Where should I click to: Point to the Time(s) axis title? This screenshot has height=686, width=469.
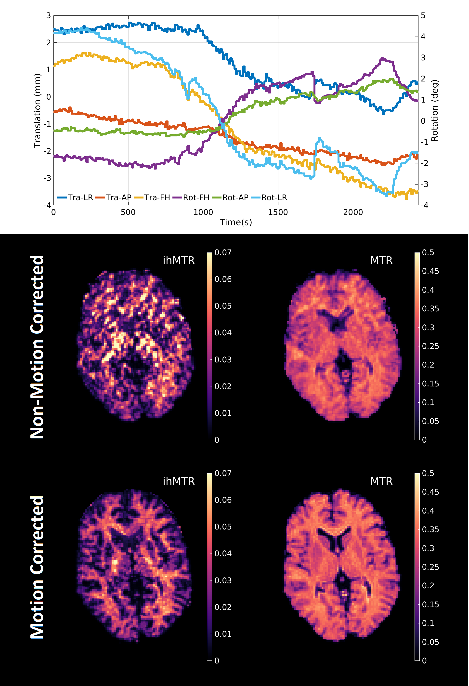pos(236,222)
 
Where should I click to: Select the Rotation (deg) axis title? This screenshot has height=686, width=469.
pos(434,111)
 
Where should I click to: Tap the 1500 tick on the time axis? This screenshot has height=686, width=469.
pos(278,212)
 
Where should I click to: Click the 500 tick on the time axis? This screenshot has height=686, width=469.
pos(128,212)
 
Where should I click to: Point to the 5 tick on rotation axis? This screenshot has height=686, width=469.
pos(423,16)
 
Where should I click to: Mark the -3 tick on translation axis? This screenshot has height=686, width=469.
pos(48,178)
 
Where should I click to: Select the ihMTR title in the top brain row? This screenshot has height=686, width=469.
pos(179,260)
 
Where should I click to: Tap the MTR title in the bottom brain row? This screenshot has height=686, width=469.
pos(381,481)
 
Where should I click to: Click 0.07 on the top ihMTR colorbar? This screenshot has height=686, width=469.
pos(223,253)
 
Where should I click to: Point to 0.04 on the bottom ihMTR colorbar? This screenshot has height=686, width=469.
pos(223,554)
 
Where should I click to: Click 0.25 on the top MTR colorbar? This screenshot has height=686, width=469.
pos(430,346)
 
